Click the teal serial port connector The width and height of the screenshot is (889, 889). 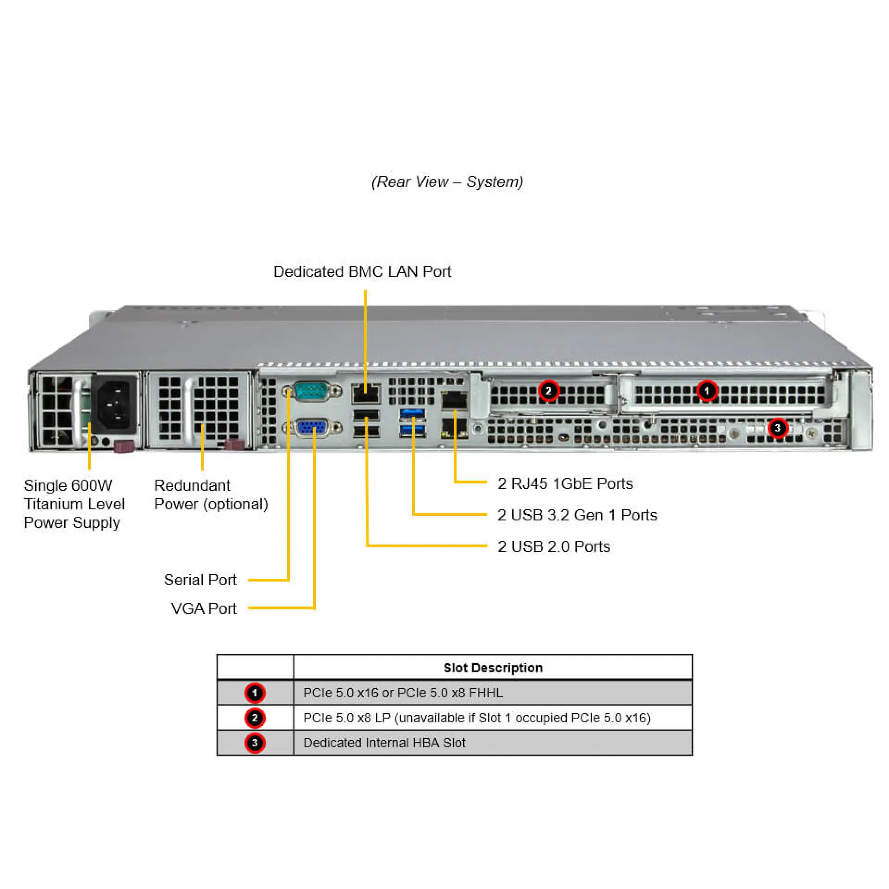(311, 391)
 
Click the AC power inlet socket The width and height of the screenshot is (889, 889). (115, 404)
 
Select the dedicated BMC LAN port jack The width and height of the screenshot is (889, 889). (365, 394)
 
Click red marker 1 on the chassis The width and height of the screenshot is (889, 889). (707, 391)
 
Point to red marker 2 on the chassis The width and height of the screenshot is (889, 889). (548, 391)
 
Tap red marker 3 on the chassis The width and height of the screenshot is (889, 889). (777, 428)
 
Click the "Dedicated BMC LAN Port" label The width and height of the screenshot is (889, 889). (362, 272)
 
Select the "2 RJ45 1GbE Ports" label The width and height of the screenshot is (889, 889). (565, 483)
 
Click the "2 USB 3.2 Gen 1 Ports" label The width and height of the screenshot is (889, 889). (577, 515)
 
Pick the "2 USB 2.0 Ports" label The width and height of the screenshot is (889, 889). (554, 546)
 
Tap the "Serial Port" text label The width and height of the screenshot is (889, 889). (200, 580)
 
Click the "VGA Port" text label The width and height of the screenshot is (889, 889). (204, 608)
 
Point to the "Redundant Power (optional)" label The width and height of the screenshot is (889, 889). (211, 495)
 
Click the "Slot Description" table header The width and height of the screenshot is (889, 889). (493, 668)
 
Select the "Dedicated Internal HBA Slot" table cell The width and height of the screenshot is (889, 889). (384, 743)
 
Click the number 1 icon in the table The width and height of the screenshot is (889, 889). (255, 693)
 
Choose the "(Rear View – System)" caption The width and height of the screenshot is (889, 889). (447, 182)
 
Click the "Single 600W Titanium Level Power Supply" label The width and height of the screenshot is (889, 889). (74, 504)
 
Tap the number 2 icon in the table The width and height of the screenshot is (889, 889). (255, 718)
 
